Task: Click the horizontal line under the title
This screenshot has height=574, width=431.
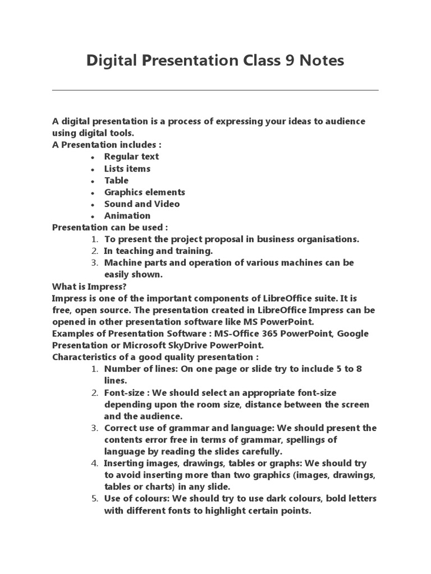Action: tap(215, 90)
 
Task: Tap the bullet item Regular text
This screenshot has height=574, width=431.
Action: tap(131, 156)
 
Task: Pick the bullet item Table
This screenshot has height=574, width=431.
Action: tap(116, 180)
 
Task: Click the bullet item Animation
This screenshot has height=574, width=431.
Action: tap(127, 215)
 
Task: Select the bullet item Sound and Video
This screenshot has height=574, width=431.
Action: tap(142, 203)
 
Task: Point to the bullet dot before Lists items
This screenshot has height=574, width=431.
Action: tap(92, 169)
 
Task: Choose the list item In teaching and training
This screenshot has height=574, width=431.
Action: tap(158, 251)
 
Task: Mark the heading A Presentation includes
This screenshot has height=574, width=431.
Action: tap(103, 145)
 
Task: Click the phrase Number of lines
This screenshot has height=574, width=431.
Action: tap(137, 368)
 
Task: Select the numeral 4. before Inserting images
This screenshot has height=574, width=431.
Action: tap(94, 463)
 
